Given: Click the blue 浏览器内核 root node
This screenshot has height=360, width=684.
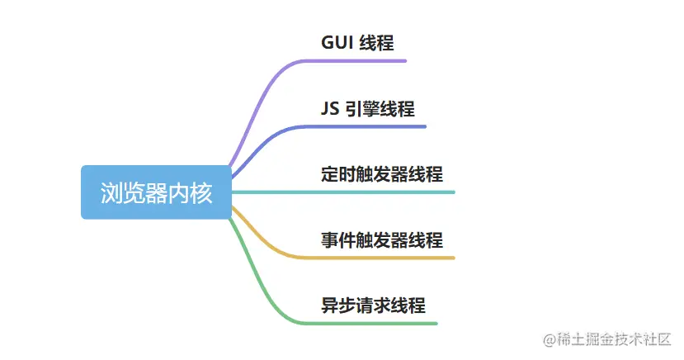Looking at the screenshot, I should (x=156, y=192).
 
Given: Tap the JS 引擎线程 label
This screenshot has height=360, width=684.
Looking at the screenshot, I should (x=368, y=109).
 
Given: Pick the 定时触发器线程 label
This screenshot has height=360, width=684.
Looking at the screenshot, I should (x=382, y=174).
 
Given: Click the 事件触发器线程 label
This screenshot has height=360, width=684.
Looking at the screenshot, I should (x=382, y=240).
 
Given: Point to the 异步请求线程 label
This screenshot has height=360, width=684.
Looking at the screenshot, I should (x=373, y=306).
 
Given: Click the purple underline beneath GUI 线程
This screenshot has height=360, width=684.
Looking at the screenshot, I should (x=363, y=60).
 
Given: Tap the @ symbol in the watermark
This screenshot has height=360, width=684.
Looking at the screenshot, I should (x=547, y=339).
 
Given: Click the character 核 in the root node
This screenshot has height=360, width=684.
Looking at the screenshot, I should (x=201, y=192).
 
